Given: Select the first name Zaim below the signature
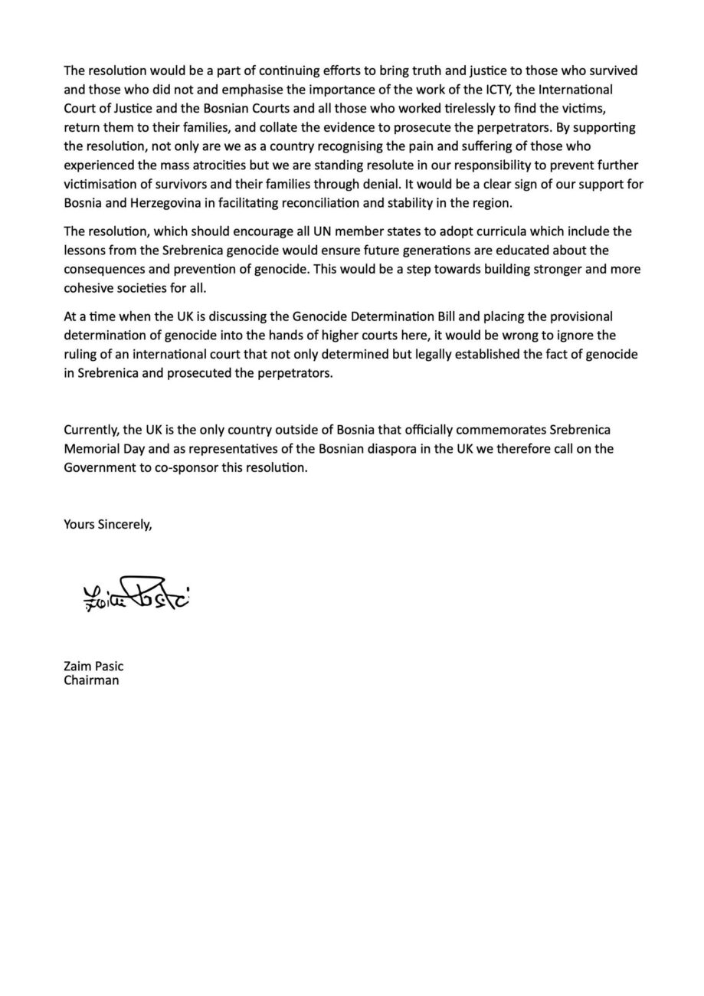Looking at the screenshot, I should (x=77, y=667).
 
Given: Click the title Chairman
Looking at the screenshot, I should (x=91, y=680).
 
